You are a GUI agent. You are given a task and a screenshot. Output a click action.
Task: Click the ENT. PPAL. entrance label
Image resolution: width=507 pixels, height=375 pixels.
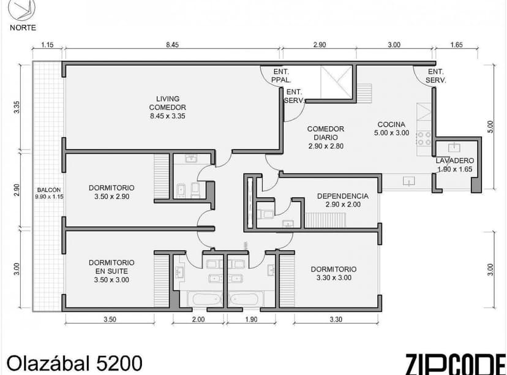(x=281, y=75)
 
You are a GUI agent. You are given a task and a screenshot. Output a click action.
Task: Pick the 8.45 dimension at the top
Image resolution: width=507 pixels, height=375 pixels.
(x=173, y=45)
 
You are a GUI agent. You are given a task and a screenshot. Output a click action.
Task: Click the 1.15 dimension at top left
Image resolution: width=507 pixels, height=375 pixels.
(x=48, y=45)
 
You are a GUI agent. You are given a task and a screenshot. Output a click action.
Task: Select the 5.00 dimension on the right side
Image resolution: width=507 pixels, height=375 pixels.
(x=490, y=126)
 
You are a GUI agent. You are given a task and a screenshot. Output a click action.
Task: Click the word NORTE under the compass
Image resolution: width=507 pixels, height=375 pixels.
(x=23, y=27)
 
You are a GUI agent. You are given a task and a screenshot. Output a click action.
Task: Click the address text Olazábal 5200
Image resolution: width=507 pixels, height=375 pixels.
(x=74, y=362)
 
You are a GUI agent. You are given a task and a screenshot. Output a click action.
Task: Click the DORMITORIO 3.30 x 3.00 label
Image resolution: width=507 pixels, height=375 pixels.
(x=333, y=273)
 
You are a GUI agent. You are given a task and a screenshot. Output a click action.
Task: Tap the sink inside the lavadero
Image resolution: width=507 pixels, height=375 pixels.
(x=454, y=147)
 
